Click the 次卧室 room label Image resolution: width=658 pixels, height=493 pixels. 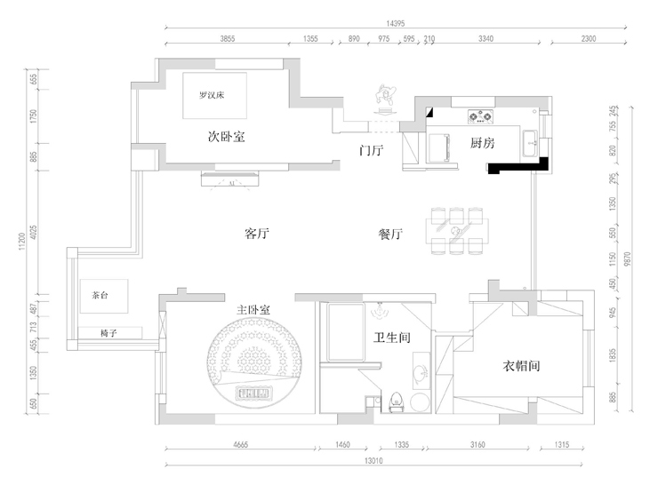227,138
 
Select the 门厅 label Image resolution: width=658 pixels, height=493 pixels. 371,150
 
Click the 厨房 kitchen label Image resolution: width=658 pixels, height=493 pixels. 482,144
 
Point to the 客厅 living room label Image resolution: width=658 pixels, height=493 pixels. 256,235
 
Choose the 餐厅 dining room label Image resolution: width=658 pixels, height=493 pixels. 391,235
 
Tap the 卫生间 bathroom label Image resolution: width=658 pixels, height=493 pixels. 391,338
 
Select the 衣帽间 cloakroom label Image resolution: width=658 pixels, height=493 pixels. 523,365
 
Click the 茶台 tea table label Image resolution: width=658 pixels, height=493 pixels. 99,296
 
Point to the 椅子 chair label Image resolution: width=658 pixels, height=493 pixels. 109,332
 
